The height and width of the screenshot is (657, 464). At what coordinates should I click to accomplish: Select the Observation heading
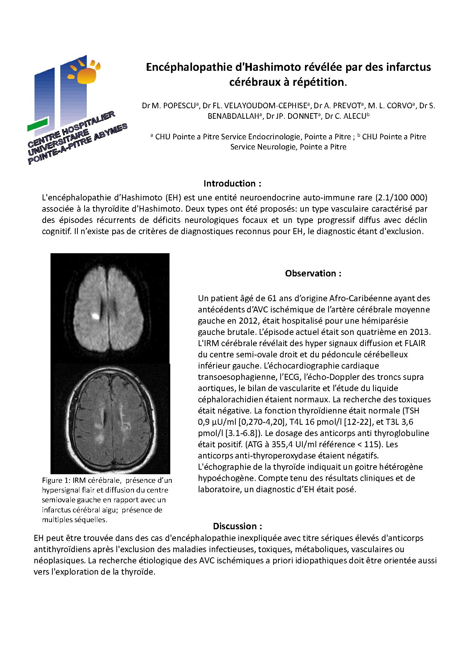point(313,273)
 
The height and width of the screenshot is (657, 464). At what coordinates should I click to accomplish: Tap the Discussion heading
point(237,526)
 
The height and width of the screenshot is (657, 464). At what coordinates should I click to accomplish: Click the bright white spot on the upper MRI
point(96,316)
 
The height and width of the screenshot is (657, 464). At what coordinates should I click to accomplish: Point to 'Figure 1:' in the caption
point(56,481)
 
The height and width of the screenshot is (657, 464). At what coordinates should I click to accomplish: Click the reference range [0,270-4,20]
point(250,422)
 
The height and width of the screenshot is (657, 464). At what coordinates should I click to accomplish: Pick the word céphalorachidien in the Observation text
point(231,399)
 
